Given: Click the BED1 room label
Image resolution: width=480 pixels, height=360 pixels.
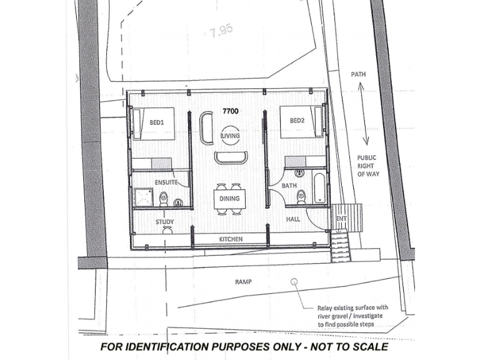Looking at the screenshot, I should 156,123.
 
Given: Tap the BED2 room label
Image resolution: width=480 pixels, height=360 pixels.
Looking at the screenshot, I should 296,119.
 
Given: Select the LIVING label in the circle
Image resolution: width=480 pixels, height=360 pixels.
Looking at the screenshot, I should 231,135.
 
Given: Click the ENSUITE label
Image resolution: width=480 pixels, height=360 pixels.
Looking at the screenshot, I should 166,182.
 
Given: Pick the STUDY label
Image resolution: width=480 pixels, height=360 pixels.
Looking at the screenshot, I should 165,221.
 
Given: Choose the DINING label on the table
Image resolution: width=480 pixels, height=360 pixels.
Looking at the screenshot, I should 228,199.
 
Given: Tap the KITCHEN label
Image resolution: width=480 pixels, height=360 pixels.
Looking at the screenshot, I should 230,239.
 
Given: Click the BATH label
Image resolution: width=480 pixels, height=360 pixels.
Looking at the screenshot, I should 289,186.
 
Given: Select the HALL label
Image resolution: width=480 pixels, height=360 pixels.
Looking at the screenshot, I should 293,219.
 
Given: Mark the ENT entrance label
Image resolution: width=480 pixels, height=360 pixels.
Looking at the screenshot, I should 341,219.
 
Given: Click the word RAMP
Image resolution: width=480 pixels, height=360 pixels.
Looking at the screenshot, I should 243,282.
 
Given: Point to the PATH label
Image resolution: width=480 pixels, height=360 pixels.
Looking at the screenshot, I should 357,74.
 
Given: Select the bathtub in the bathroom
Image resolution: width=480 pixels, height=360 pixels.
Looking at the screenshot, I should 319,187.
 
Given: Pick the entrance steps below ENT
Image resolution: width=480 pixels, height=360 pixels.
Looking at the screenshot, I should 340,246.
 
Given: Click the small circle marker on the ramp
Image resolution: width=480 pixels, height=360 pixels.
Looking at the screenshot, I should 293,282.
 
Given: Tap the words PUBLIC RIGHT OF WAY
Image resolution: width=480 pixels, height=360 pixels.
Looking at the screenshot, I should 367,166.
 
